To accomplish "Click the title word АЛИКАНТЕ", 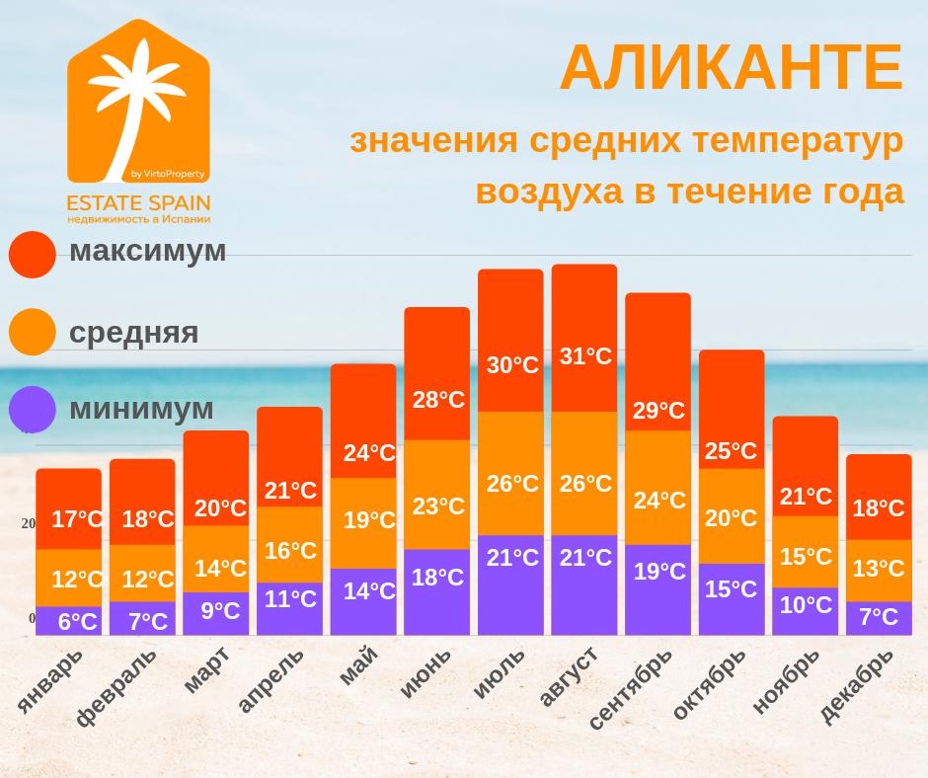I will point(731,68).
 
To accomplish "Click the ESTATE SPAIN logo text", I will point(138,202).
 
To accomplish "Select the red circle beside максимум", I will point(33,255).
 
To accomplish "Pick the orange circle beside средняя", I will point(33,332).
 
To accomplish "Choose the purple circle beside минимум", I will point(33,409).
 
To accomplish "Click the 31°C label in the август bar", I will point(585,356).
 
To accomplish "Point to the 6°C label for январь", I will point(77,622).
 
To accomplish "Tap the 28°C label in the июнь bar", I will point(438,400).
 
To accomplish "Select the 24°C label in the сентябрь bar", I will point(659,501).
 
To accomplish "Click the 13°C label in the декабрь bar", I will point(879,568).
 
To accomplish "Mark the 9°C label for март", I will point(220,611).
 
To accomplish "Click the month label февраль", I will point(116,687).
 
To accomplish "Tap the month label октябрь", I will point(709,683).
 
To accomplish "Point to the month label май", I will point(358,664).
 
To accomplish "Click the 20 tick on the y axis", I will point(29,524).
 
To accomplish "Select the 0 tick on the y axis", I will point(32,619).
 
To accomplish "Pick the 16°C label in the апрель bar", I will point(290,551).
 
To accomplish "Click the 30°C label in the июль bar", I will point(512,365).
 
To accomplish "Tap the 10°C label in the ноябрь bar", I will point(806,605).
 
